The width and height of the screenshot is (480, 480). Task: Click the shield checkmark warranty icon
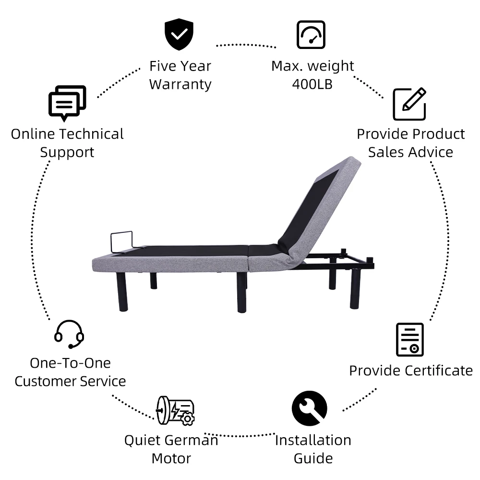[179, 35]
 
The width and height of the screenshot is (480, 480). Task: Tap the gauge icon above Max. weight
[311, 35]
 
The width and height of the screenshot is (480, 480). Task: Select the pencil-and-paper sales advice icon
[409, 104]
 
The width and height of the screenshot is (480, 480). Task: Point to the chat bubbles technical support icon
[67, 103]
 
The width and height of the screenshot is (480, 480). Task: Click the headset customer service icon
[69, 334]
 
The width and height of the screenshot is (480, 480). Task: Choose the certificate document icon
[409, 339]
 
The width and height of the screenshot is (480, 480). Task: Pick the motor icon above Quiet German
[175, 410]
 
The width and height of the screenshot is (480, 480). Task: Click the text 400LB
[312, 84]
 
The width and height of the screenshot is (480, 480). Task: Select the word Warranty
[180, 84]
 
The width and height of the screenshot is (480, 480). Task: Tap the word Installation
[313, 440]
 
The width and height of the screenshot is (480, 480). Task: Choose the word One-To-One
[70, 363]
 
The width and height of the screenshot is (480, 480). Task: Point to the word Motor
[171, 458]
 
